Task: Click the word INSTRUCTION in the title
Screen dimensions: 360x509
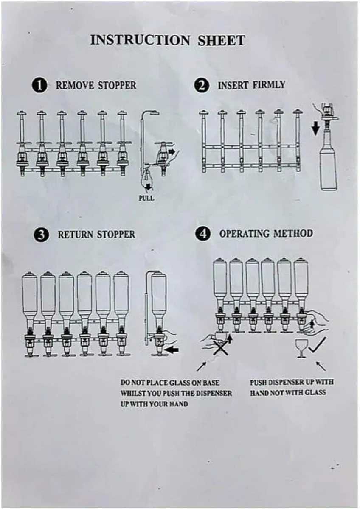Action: point(140,40)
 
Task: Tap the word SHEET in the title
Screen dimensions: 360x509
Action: point(221,40)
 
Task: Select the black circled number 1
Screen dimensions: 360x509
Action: point(39,86)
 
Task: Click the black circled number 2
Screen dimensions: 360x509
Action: point(201,86)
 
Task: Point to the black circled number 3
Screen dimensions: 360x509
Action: point(41,235)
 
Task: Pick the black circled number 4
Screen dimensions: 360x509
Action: point(203,234)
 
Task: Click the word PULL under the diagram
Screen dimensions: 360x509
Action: point(146,198)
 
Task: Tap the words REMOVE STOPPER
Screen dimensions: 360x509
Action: point(96,85)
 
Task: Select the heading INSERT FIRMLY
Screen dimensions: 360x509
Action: point(251,85)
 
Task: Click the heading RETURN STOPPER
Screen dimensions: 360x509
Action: point(96,235)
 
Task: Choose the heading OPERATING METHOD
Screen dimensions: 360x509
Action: point(266,234)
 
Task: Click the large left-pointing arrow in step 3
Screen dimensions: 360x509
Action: point(171,350)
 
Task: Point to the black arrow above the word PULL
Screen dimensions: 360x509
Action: point(148,187)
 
